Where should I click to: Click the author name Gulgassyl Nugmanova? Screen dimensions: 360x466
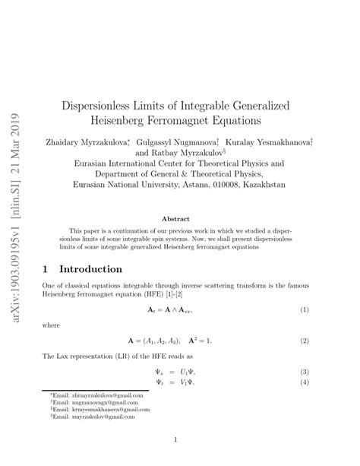pos(171,141)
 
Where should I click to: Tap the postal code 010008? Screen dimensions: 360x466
pos(228,183)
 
